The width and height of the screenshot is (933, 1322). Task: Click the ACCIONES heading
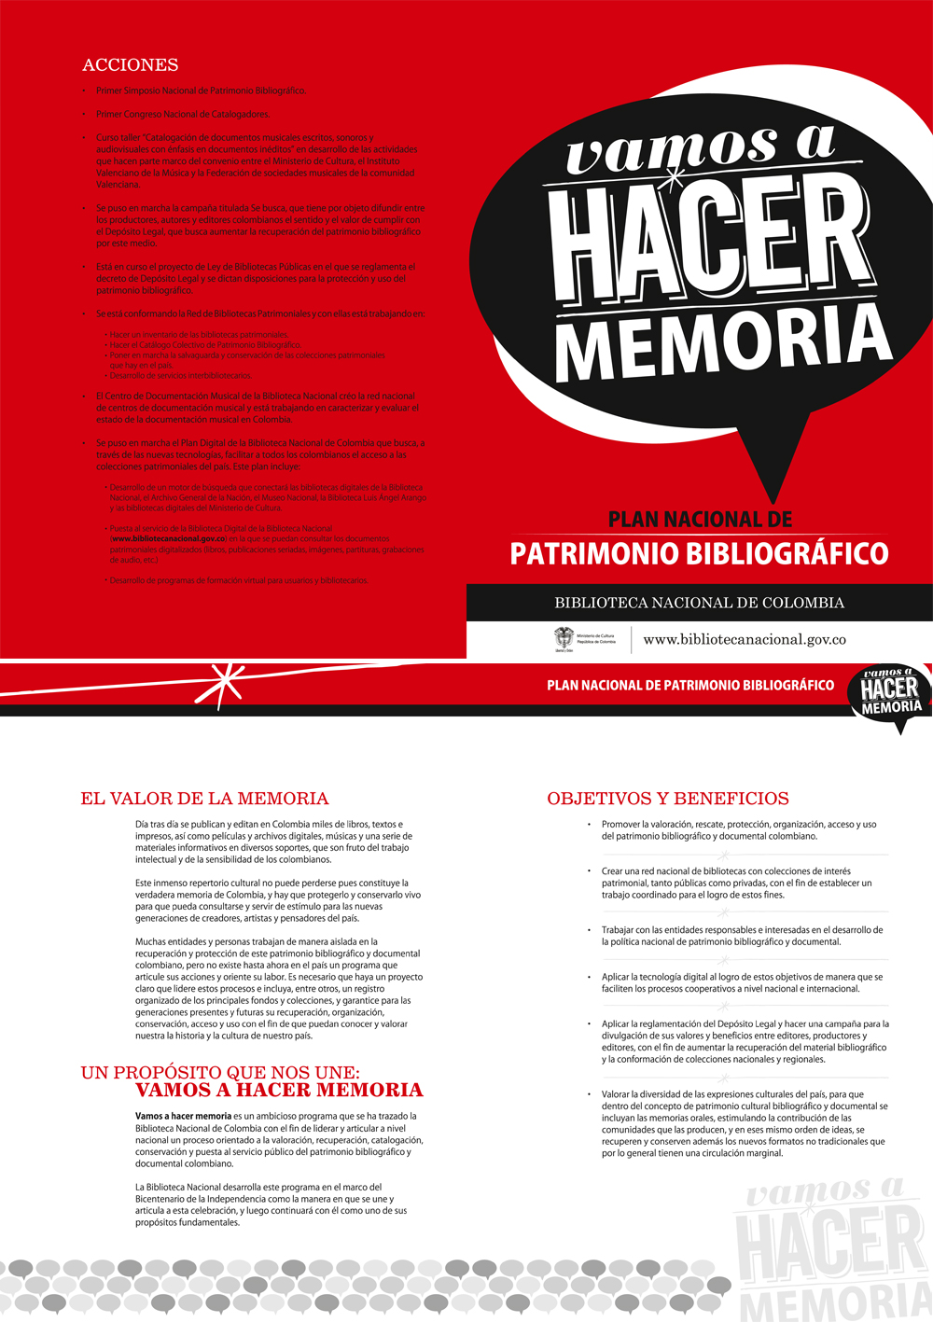(x=130, y=65)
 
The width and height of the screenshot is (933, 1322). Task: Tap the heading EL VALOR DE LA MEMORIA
(x=204, y=799)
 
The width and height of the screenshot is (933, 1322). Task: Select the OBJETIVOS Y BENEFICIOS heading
(x=668, y=799)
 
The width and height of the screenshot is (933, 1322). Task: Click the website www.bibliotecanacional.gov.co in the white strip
(x=745, y=640)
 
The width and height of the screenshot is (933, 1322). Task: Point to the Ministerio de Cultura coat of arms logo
(x=564, y=639)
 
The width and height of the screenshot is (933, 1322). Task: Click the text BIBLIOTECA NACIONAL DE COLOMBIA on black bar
(x=699, y=603)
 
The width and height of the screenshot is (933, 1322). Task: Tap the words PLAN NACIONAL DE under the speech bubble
(x=700, y=520)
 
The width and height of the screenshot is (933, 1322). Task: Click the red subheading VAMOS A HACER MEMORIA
(x=279, y=1091)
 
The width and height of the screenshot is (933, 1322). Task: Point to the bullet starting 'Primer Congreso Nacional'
(x=183, y=115)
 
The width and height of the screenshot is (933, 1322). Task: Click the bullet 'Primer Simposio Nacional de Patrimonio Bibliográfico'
(x=201, y=91)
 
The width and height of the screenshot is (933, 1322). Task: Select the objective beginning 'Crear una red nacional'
(x=737, y=883)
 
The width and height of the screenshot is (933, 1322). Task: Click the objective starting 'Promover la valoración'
(x=739, y=830)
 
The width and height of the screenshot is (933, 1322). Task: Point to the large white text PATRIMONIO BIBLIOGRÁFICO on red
(x=699, y=553)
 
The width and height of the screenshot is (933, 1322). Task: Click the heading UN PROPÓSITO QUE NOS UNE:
(x=220, y=1072)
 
